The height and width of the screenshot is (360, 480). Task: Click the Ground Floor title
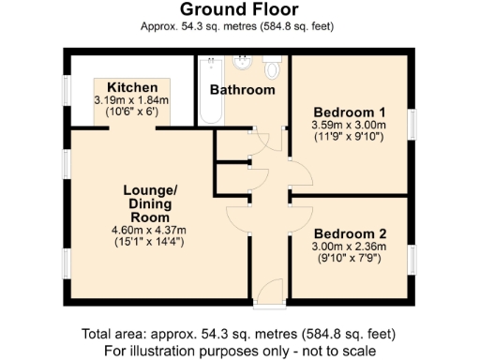point(239,10)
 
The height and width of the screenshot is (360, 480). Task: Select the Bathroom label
point(242,90)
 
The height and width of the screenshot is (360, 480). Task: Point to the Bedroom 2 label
point(349,233)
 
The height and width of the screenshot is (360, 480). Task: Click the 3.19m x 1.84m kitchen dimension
point(131,100)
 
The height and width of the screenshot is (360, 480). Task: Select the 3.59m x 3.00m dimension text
point(348,120)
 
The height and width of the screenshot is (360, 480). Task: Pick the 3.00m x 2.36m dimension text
point(349,247)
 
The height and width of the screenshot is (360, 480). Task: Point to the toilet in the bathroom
point(273,68)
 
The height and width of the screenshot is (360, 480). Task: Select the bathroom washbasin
point(243,64)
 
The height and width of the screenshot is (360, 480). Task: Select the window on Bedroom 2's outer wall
point(412,259)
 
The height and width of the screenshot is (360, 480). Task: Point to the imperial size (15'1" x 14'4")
point(150,242)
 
